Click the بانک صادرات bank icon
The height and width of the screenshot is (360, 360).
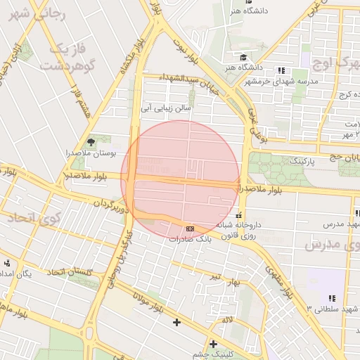click(x=190, y=229)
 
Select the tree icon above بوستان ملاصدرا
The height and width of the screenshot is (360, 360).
click(x=90, y=143)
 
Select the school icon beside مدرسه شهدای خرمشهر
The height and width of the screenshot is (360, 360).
click(x=281, y=70)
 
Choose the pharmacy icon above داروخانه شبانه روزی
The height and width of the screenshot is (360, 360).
click(x=240, y=215)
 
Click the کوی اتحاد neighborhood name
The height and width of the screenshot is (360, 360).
click(x=34, y=219)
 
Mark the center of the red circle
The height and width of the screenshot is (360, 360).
click(x=181, y=179)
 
